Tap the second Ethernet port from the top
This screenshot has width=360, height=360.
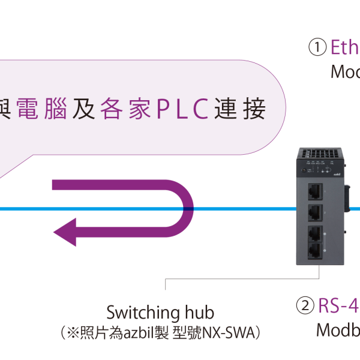(x=314, y=212)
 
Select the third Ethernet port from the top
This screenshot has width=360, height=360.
(x=314, y=233)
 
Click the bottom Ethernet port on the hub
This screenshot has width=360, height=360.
(x=314, y=252)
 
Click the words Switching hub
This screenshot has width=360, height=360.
(x=160, y=313)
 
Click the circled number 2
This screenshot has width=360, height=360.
(x=305, y=306)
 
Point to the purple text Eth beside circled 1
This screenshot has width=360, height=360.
(x=345, y=47)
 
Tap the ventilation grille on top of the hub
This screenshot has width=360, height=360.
(x=318, y=153)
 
